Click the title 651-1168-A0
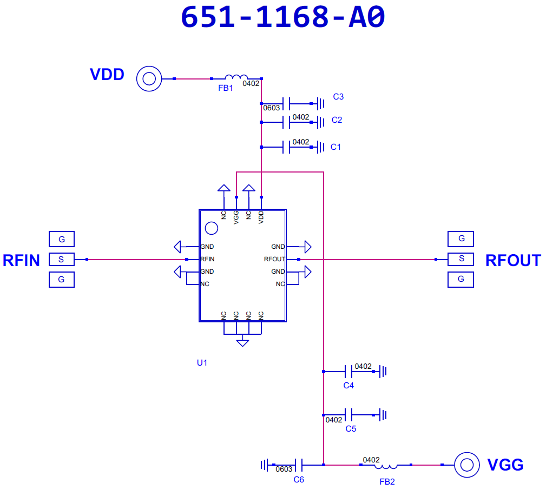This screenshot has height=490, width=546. pos(283,17)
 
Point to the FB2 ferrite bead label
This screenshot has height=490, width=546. pos(387,482)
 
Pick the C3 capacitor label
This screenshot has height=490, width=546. pos(338,97)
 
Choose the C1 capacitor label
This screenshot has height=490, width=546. pos(336,147)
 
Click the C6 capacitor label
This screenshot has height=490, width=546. pos(299,480)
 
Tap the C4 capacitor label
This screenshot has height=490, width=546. pos(348,385)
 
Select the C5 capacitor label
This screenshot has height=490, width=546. pos(351,429)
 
